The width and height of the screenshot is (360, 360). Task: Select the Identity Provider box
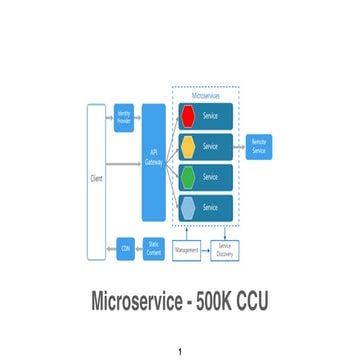(x=125, y=117)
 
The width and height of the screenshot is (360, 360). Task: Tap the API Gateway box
(x=154, y=163)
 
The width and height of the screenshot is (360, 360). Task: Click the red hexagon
(x=186, y=115)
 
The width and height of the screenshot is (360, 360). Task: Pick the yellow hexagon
(x=186, y=146)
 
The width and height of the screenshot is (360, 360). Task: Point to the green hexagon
(x=186, y=176)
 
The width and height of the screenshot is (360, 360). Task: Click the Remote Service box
(x=259, y=146)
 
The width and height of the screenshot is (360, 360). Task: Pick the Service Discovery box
(x=225, y=250)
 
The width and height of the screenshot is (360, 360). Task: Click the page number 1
(x=180, y=351)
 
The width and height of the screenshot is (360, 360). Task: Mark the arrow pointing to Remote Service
(x=239, y=146)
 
